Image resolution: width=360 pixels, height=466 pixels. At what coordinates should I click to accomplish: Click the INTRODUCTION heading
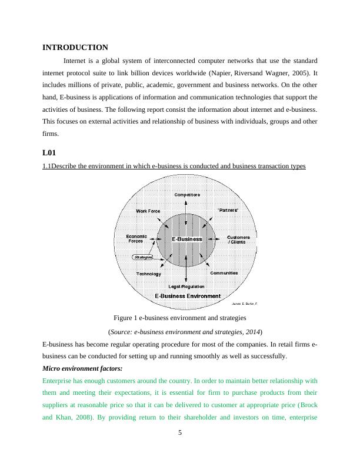(x=75, y=47)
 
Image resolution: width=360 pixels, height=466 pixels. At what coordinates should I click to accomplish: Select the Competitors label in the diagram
(x=186, y=195)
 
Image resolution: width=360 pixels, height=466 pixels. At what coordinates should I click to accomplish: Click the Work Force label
(x=148, y=211)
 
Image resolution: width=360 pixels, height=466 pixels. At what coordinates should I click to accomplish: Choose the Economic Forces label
(x=137, y=238)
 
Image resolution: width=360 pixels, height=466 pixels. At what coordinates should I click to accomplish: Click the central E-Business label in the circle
(x=186, y=239)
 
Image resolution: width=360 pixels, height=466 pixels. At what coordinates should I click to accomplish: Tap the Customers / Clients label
(x=238, y=239)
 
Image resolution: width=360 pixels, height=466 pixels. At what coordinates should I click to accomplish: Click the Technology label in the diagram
(x=149, y=274)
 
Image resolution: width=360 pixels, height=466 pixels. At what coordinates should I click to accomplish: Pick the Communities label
(x=224, y=273)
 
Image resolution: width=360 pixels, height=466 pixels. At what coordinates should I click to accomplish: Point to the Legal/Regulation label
(x=186, y=286)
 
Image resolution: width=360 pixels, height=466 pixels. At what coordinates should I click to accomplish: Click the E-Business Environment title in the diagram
(x=187, y=295)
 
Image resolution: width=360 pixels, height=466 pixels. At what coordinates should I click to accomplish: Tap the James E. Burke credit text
(x=245, y=304)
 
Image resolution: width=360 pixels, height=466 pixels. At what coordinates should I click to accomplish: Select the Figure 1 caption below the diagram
(x=180, y=318)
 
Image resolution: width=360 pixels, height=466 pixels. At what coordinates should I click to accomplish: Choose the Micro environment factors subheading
(x=82, y=368)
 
